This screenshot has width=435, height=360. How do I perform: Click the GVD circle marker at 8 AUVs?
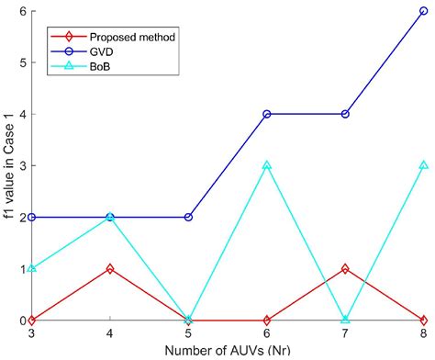[423, 11]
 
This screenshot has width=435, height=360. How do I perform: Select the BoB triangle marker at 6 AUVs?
[266, 165]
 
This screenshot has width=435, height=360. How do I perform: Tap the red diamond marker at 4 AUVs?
[110, 269]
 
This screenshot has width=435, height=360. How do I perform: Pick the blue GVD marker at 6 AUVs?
[266, 114]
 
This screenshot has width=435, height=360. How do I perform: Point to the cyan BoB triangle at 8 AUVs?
[423, 165]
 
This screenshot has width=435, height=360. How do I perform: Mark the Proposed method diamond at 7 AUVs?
[345, 269]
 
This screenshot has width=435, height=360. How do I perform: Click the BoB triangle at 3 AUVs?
[32, 269]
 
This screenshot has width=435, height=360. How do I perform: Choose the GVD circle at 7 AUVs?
[345, 114]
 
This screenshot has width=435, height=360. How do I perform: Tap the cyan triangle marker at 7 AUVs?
[345, 320]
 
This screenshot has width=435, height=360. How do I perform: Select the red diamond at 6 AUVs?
[266, 320]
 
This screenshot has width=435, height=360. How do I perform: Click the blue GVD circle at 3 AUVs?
[32, 217]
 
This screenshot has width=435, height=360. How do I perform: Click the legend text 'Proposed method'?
[132, 39]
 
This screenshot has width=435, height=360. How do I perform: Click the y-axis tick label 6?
[20, 11]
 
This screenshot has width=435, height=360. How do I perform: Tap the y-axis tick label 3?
[20, 165]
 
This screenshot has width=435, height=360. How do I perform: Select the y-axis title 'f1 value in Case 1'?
[7, 165]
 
